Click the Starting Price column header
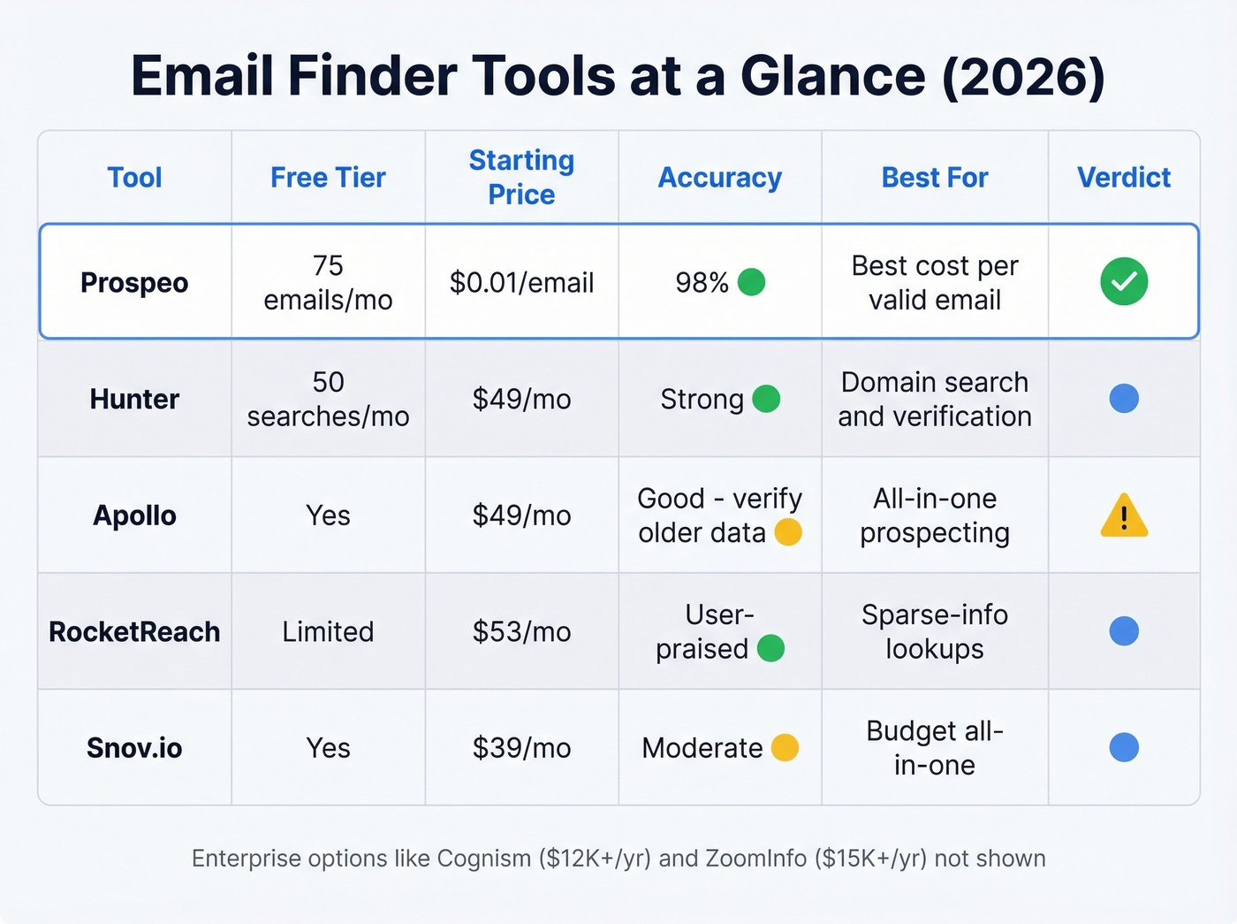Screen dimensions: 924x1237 click(x=521, y=178)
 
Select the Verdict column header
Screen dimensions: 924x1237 click(x=1123, y=178)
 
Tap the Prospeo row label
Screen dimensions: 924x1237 click(x=134, y=283)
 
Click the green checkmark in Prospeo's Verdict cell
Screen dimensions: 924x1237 click(x=1124, y=282)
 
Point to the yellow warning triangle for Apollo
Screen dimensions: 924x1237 click(x=1124, y=516)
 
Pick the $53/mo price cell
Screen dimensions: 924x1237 click(x=521, y=632)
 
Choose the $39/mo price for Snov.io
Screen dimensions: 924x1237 click(x=521, y=748)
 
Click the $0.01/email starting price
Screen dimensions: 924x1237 click(x=521, y=283)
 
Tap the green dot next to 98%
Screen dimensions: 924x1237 click(x=751, y=282)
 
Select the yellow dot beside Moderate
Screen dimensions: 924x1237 click(x=785, y=748)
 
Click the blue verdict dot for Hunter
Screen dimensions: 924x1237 click(x=1124, y=399)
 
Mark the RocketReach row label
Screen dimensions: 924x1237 click(x=134, y=632)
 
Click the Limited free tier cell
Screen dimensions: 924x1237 click(x=328, y=632)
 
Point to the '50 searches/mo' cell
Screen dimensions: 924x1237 click(x=328, y=399)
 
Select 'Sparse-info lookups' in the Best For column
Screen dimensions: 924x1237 click(x=934, y=631)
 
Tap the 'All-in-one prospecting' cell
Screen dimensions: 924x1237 click(x=934, y=515)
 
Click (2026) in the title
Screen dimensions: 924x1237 click(x=1023, y=76)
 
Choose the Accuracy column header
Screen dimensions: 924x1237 click(x=719, y=178)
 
